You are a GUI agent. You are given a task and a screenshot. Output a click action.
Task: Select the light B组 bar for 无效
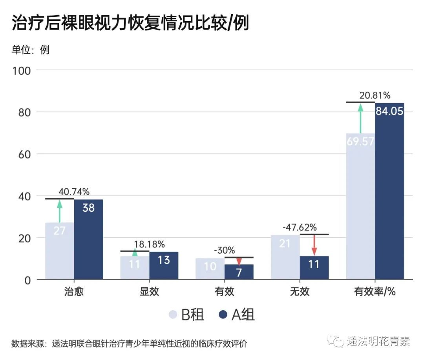(285, 257)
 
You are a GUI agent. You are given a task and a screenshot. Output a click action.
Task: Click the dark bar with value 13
(164, 265)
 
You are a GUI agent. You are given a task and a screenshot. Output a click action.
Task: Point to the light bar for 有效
(210, 269)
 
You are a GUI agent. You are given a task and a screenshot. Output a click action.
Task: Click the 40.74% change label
(74, 192)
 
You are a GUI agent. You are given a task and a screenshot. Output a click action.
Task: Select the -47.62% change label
(300, 227)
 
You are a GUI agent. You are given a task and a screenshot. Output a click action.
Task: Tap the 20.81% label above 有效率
(375, 95)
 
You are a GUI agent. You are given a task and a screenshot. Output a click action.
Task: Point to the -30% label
(225, 250)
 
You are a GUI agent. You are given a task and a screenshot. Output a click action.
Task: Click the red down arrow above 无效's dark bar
(314, 245)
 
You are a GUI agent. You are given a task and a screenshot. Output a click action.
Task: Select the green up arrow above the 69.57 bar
(360, 118)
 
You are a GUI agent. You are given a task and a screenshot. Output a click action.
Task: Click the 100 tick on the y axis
(22, 71)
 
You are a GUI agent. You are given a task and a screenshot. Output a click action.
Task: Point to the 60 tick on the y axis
(24, 154)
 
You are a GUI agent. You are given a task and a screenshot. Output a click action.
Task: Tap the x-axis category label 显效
(149, 292)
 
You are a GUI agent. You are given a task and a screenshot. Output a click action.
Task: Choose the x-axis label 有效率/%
(375, 292)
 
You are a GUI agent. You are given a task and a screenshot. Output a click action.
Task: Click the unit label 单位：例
(30, 50)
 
